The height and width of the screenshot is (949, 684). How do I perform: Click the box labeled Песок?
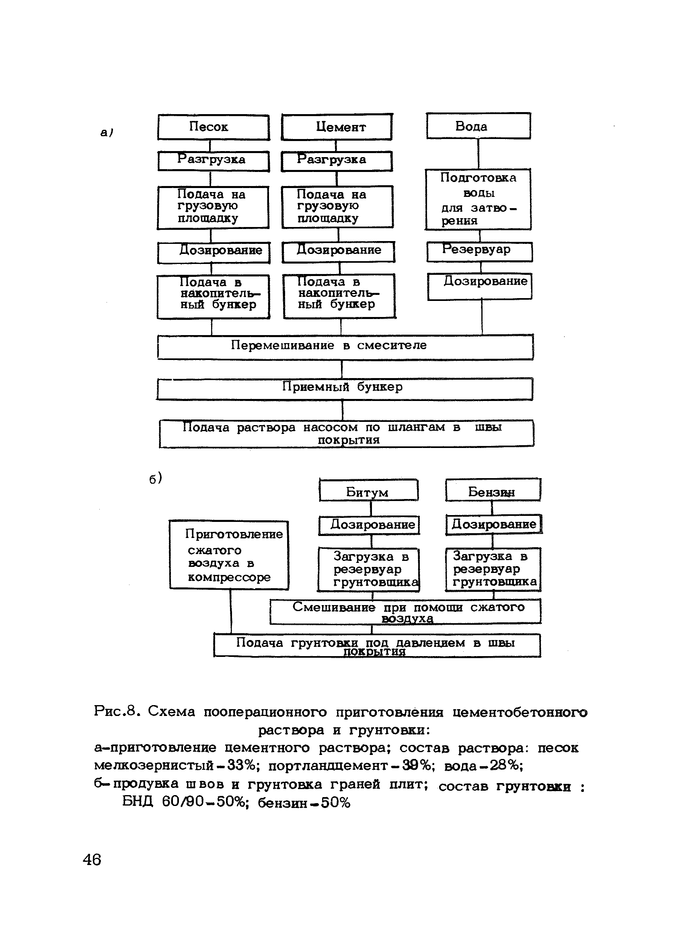213,127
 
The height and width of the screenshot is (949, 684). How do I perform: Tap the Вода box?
479,126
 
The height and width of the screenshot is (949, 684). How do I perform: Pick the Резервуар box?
479,252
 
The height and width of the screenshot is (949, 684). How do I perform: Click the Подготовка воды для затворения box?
479,199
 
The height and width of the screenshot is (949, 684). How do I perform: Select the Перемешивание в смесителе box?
345,346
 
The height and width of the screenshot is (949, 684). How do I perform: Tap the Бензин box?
493,491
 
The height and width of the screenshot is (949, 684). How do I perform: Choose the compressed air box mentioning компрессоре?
229,555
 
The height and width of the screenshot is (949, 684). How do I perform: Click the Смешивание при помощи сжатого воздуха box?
405,612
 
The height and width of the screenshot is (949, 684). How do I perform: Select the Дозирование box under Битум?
369,525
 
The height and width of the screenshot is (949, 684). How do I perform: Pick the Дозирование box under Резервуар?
480,286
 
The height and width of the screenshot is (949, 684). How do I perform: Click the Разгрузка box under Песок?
213,161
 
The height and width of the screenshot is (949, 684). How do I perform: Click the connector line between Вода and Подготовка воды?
479,153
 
